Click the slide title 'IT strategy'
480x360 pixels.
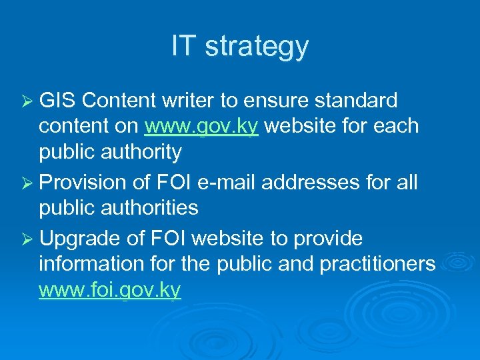[240, 47]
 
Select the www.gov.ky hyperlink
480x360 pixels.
[201, 127]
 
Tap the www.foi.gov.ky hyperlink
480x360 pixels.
[110, 290]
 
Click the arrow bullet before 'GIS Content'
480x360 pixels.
[28, 101]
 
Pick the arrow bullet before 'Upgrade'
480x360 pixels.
[28, 239]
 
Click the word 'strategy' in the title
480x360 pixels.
[257, 47]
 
